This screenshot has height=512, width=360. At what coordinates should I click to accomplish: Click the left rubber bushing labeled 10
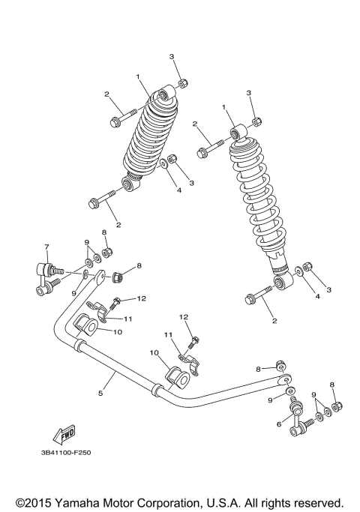click(x=88, y=326)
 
